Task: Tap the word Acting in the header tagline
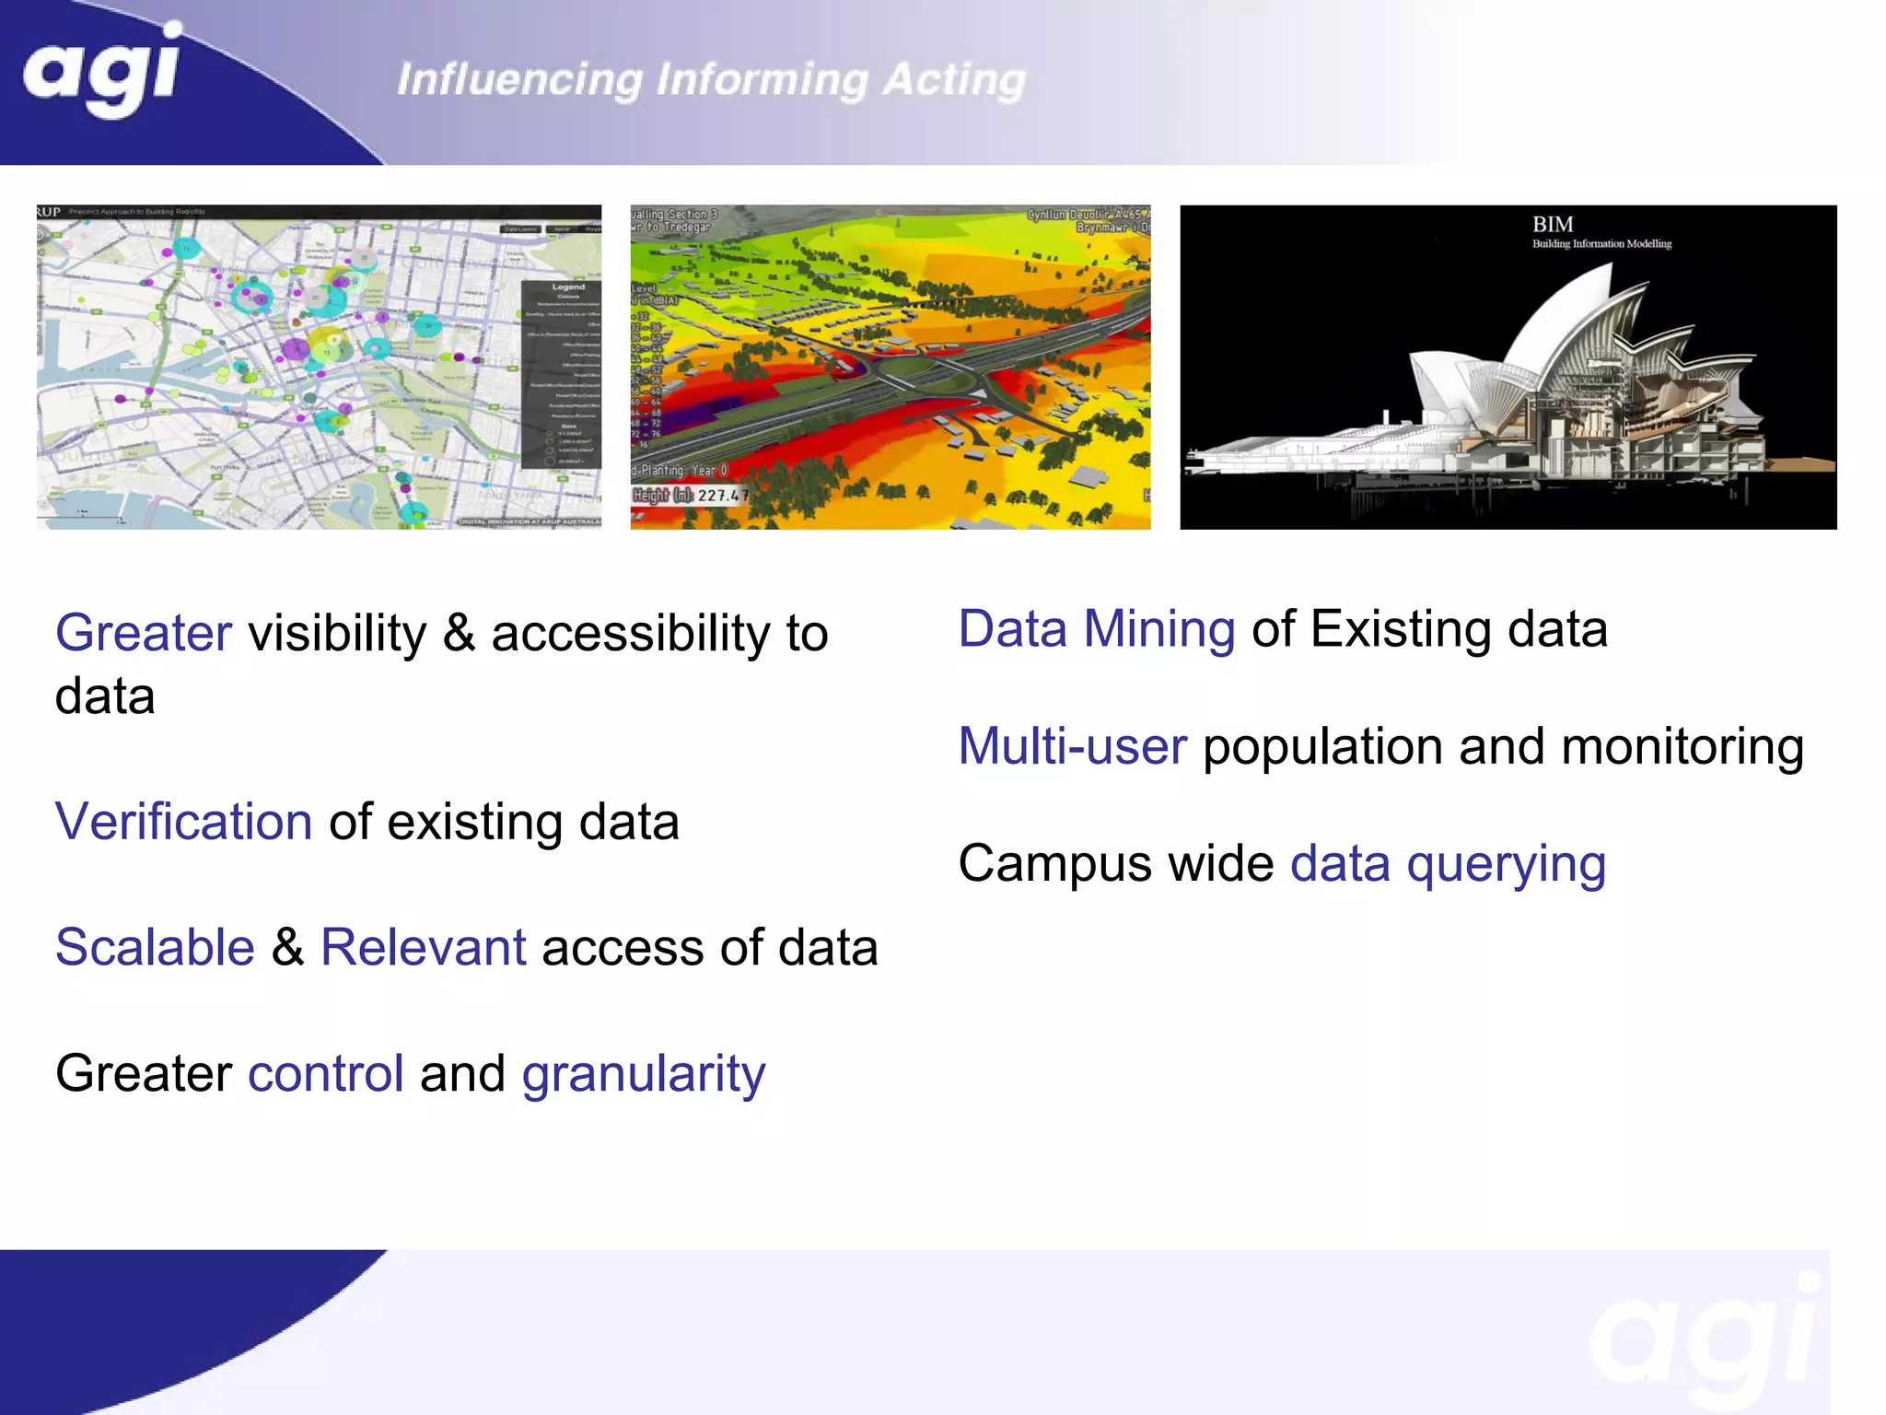tap(954, 80)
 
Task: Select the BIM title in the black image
tap(1553, 225)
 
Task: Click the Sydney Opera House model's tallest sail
tap(1566, 322)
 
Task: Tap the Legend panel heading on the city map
tap(568, 287)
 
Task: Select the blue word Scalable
tap(155, 947)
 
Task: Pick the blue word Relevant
tap(424, 947)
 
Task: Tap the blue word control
tap(326, 1073)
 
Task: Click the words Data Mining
tap(1096, 629)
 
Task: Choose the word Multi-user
tap(1072, 746)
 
